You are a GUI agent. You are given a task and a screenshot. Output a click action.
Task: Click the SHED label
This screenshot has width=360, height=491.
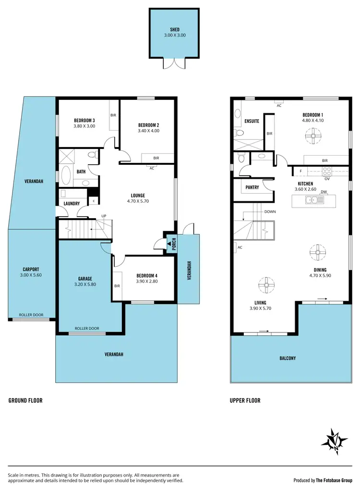point(174,29)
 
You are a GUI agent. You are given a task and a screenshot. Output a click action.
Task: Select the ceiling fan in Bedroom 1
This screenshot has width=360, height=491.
point(313,137)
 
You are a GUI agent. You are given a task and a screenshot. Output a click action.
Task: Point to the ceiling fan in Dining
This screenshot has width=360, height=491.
point(317,252)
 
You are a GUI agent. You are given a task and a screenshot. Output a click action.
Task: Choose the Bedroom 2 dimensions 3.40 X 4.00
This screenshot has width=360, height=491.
point(148,131)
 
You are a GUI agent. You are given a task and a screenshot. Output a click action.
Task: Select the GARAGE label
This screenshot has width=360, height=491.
point(85,278)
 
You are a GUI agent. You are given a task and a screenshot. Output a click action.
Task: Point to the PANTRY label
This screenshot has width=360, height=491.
point(252,187)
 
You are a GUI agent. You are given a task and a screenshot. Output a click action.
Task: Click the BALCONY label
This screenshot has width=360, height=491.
point(288,358)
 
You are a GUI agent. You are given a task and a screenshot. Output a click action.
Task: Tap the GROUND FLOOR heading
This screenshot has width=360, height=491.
point(25,400)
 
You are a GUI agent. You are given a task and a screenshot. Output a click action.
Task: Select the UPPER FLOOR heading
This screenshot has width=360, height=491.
point(245,400)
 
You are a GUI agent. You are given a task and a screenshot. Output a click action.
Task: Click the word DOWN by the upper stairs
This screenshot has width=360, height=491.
point(270,211)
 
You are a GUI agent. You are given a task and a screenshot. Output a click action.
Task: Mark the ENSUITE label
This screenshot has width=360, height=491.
point(252,121)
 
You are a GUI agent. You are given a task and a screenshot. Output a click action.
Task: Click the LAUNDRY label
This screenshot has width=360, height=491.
point(72,203)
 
